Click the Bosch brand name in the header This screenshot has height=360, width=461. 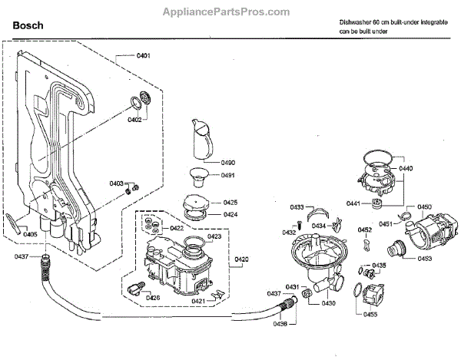28,25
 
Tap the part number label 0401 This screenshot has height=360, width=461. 143,55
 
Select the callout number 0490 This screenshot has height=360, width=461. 228,163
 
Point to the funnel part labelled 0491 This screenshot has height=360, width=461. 198,177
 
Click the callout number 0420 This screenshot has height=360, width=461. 241,259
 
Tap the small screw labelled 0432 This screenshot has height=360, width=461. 298,225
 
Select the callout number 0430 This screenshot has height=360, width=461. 328,303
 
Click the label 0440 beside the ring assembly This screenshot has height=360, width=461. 406,168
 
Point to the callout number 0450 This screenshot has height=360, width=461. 425,207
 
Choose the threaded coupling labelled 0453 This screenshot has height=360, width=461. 396,249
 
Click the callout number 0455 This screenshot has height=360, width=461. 370,315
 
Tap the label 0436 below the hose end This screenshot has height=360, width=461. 280,324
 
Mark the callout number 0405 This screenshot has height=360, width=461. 30,234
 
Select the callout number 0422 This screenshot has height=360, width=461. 177,229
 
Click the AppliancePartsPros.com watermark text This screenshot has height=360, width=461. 226,12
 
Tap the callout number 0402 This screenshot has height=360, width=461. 134,120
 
